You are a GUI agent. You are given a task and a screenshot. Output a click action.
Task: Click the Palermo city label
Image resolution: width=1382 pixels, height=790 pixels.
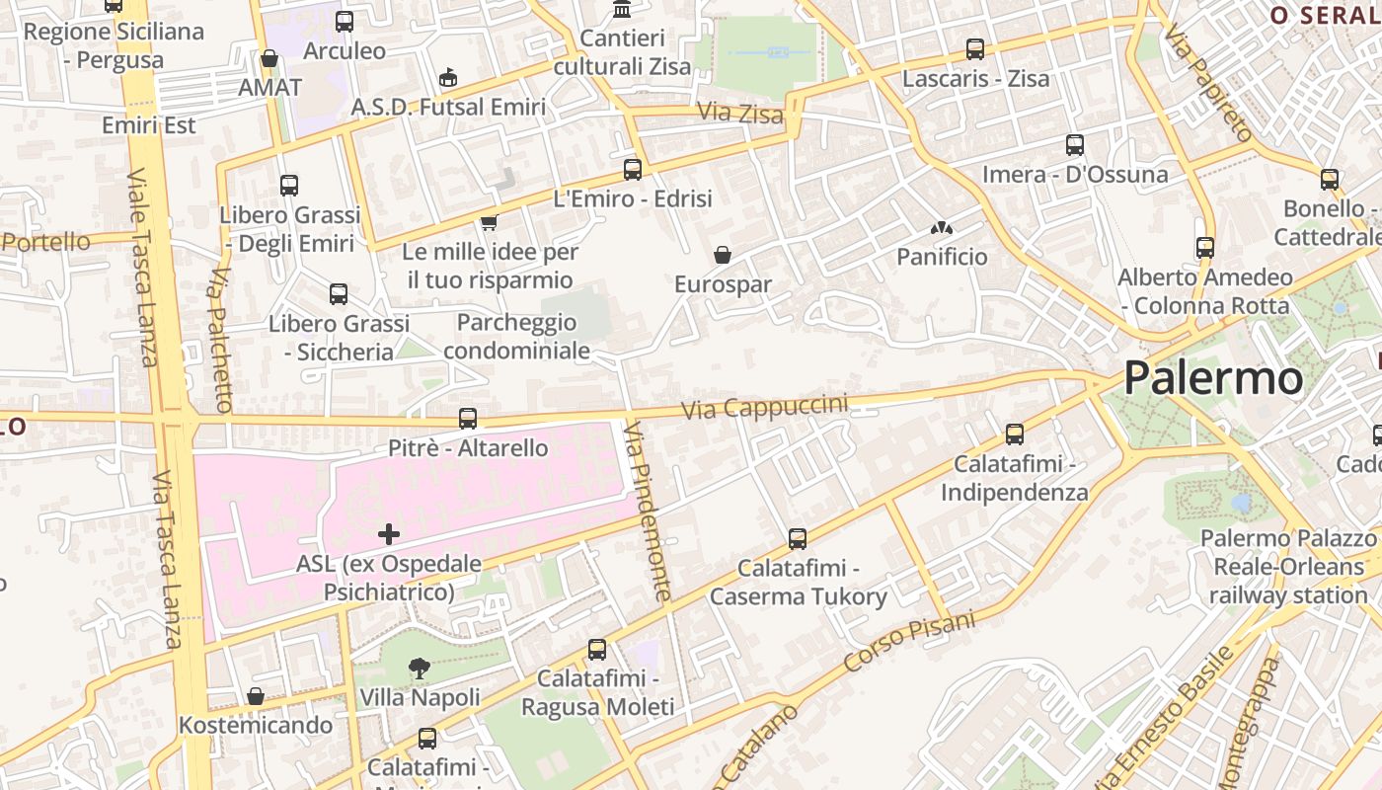point(1212,377)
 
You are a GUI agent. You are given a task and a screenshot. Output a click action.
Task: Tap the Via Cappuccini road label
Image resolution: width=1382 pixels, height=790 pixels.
point(765,406)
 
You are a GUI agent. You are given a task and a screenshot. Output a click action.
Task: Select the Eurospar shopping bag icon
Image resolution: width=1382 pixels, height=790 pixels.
point(723,255)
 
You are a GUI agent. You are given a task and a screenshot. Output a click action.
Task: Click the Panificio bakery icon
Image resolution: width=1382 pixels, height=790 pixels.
point(941,228)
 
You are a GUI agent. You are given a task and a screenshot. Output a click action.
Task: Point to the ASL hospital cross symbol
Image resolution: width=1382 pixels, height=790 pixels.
point(389,534)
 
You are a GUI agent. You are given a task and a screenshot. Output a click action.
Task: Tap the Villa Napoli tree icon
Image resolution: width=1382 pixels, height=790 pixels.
point(420,669)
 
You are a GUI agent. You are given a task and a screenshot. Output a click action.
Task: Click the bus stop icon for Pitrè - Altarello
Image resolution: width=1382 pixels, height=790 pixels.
point(468,419)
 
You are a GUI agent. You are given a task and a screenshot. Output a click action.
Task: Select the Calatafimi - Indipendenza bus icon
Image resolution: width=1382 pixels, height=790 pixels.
point(1014,434)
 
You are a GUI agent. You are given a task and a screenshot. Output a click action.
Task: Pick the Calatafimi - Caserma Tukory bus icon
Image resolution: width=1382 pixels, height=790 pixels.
point(798,539)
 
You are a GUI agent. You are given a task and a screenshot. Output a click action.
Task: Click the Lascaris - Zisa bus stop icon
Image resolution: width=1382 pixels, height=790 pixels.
point(975,48)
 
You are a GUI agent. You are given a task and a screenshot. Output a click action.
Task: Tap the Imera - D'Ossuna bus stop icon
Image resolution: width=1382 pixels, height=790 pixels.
point(1075,145)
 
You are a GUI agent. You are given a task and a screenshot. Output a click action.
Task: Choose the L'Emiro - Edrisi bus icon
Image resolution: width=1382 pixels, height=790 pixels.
point(633,169)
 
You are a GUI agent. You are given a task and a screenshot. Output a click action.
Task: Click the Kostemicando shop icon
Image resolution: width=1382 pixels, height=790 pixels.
point(256,696)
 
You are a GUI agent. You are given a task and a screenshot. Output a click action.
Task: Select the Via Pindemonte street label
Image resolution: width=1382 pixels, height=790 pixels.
point(649,511)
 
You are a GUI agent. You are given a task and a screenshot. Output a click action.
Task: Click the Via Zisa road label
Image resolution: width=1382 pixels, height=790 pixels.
point(740,114)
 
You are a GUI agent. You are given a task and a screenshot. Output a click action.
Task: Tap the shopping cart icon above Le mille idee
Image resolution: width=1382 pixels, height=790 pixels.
point(489,222)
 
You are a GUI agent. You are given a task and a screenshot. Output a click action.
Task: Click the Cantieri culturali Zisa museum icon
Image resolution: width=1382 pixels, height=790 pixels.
point(622,9)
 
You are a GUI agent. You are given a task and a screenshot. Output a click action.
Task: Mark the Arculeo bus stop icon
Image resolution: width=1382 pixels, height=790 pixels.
point(345,21)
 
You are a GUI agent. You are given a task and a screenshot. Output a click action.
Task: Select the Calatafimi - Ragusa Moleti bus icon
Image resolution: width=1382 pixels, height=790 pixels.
point(597,650)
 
